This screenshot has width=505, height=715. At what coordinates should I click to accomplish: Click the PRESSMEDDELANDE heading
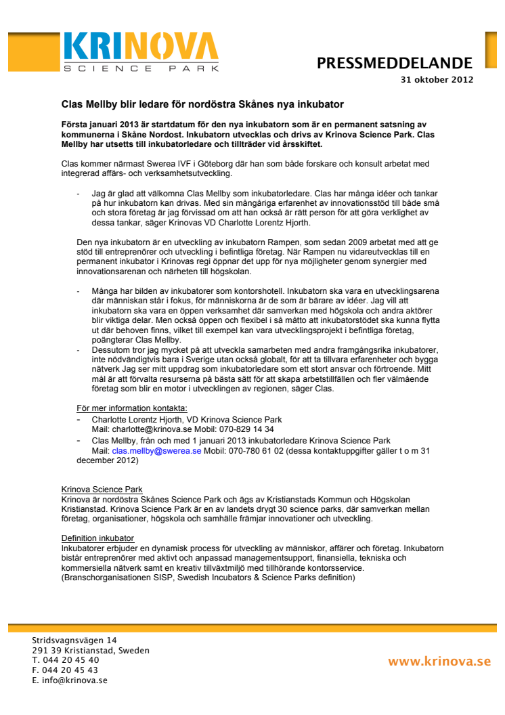pos(395,64)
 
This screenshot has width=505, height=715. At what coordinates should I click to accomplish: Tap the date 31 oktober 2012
pos(437,79)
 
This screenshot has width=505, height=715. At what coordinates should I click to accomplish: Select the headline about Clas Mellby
pos(203,105)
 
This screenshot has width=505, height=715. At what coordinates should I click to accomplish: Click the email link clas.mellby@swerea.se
pos(156,450)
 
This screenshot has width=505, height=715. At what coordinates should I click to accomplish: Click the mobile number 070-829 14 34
pos(250,429)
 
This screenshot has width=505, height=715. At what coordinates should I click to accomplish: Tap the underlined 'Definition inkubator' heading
pos(97,538)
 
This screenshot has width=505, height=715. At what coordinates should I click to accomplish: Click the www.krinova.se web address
pos(439,661)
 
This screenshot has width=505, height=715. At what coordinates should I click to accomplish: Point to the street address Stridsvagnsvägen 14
pos(74,641)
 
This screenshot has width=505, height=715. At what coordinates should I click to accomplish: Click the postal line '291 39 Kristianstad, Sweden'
pos(91,651)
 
